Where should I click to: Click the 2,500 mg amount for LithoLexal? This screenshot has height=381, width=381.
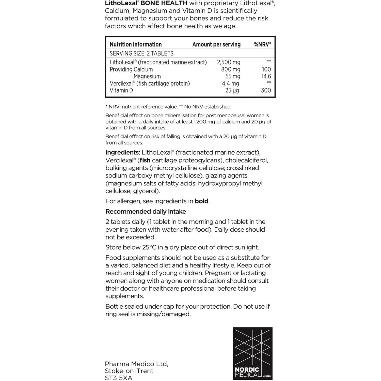pos(228,62)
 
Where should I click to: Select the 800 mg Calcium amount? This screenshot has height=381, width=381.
pos(230,69)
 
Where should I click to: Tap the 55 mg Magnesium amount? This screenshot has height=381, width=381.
pos(233,76)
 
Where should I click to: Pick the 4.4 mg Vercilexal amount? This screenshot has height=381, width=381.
pos(230,83)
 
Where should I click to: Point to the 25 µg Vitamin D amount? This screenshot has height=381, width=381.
pos(232,90)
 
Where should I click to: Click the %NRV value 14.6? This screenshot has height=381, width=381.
pos(266,76)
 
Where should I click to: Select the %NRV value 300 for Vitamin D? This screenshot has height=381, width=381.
pos(266,90)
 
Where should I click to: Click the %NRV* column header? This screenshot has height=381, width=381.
pos(262,44)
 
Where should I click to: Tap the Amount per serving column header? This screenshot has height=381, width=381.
pos(216,44)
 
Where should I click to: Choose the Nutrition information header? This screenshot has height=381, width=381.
pos(136,44)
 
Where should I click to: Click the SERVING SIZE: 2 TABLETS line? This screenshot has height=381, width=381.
pos(141,53)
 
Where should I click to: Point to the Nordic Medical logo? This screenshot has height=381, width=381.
pos(252,353)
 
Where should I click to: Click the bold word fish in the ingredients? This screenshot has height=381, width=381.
pos(145,160)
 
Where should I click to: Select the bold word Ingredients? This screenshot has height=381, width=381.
pos(123,152)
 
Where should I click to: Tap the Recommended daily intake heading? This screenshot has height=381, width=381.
pos(146,212)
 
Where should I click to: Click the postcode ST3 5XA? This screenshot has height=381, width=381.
pos(119,378)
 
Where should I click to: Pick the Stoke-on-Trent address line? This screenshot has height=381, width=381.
pos(129,371)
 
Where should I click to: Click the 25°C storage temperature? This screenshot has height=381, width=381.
pos(149,247)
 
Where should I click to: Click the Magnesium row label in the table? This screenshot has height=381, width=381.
pos(147,76)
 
